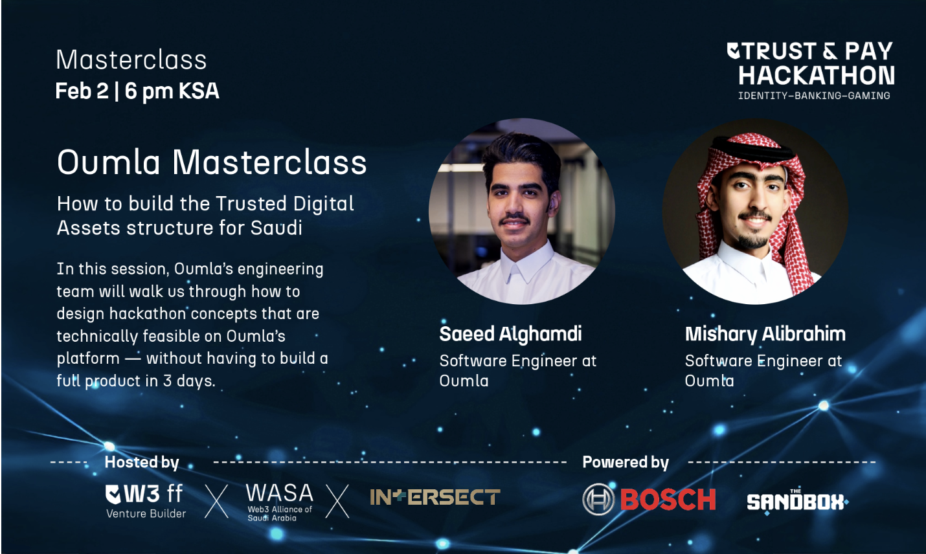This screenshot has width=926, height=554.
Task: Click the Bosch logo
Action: click(649, 499)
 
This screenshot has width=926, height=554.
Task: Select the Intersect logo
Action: click(435, 498)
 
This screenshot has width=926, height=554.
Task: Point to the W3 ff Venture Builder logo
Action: click(146, 501)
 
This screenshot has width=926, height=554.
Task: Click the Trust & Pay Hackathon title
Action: click(811, 63)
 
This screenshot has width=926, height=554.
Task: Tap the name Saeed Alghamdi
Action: click(510, 334)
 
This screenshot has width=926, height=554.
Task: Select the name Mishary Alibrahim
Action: click(765, 334)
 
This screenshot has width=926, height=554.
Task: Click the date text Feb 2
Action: click(82, 91)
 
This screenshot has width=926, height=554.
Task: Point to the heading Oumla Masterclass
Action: click(212, 162)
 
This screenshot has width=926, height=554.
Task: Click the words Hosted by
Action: click(142, 462)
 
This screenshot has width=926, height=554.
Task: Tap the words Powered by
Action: click(626, 462)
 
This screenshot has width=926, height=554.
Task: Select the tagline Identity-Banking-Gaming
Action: click(814, 96)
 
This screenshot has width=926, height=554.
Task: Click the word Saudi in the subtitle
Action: click(276, 228)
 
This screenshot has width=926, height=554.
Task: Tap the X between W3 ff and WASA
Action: click(217, 502)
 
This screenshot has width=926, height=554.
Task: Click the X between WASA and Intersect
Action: click(337, 502)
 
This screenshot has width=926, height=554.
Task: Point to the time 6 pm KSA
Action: click(172, 91)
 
